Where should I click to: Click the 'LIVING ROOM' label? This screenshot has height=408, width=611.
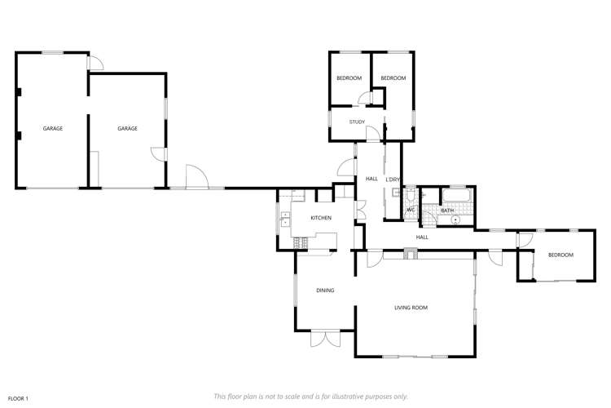[411, 308]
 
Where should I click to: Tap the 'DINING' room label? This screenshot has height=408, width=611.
[325, 290]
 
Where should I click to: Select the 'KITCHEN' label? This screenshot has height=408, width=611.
[320, 218]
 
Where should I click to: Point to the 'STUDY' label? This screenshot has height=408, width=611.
[357, 122]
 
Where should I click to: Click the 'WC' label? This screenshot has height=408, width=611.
[411, 211]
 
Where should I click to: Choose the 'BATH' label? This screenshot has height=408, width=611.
[447, 211]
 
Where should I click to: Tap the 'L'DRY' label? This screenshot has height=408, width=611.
[393, 180]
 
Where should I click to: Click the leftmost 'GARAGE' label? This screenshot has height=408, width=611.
[53, 129]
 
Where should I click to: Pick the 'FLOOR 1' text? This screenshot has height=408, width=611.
[18, 398]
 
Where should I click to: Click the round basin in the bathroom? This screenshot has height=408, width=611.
[456, 220]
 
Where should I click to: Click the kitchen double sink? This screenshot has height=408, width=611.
[285, 219]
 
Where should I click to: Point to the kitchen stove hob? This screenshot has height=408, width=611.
[301, 242]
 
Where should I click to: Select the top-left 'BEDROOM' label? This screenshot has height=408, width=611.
[349, 78]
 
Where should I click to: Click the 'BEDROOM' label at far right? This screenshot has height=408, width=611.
[560, 255]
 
